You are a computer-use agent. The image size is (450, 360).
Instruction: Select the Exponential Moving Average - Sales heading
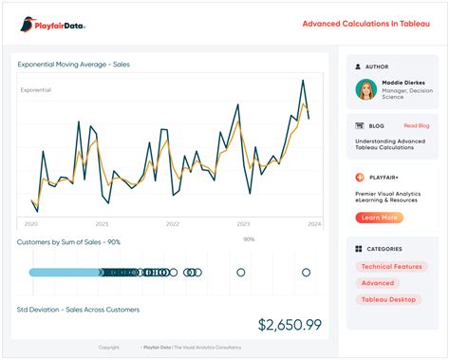[x=73, y=65]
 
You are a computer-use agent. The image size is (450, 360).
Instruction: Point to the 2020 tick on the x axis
[x=30, y=224]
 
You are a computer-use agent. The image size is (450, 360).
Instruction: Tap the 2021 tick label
[x=102, y=224]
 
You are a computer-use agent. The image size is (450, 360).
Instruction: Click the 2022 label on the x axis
[x=172, y=224]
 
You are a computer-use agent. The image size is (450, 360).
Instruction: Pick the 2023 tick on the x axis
[x=243, y=224]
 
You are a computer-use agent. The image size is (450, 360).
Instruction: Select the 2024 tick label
[x=313, y=224]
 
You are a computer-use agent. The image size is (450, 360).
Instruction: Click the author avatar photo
[x=366, y=89]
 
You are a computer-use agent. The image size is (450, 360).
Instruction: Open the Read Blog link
[x=416, y=125]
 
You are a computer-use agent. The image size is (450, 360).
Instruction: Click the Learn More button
[x=379, y=218]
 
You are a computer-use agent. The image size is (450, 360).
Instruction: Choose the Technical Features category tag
[x=393, y=267]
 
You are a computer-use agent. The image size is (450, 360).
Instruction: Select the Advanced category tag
[x=377, y=283]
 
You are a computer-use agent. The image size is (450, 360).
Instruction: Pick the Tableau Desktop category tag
[x=389, y=299]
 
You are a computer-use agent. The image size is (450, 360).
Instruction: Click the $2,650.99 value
[x=290, y=325]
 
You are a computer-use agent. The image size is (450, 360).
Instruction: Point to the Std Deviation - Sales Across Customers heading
[x=78, y=310]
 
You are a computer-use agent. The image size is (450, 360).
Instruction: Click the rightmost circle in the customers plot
[x=307, y=273]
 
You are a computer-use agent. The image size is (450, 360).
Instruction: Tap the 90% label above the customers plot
[x=249, y=239]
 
